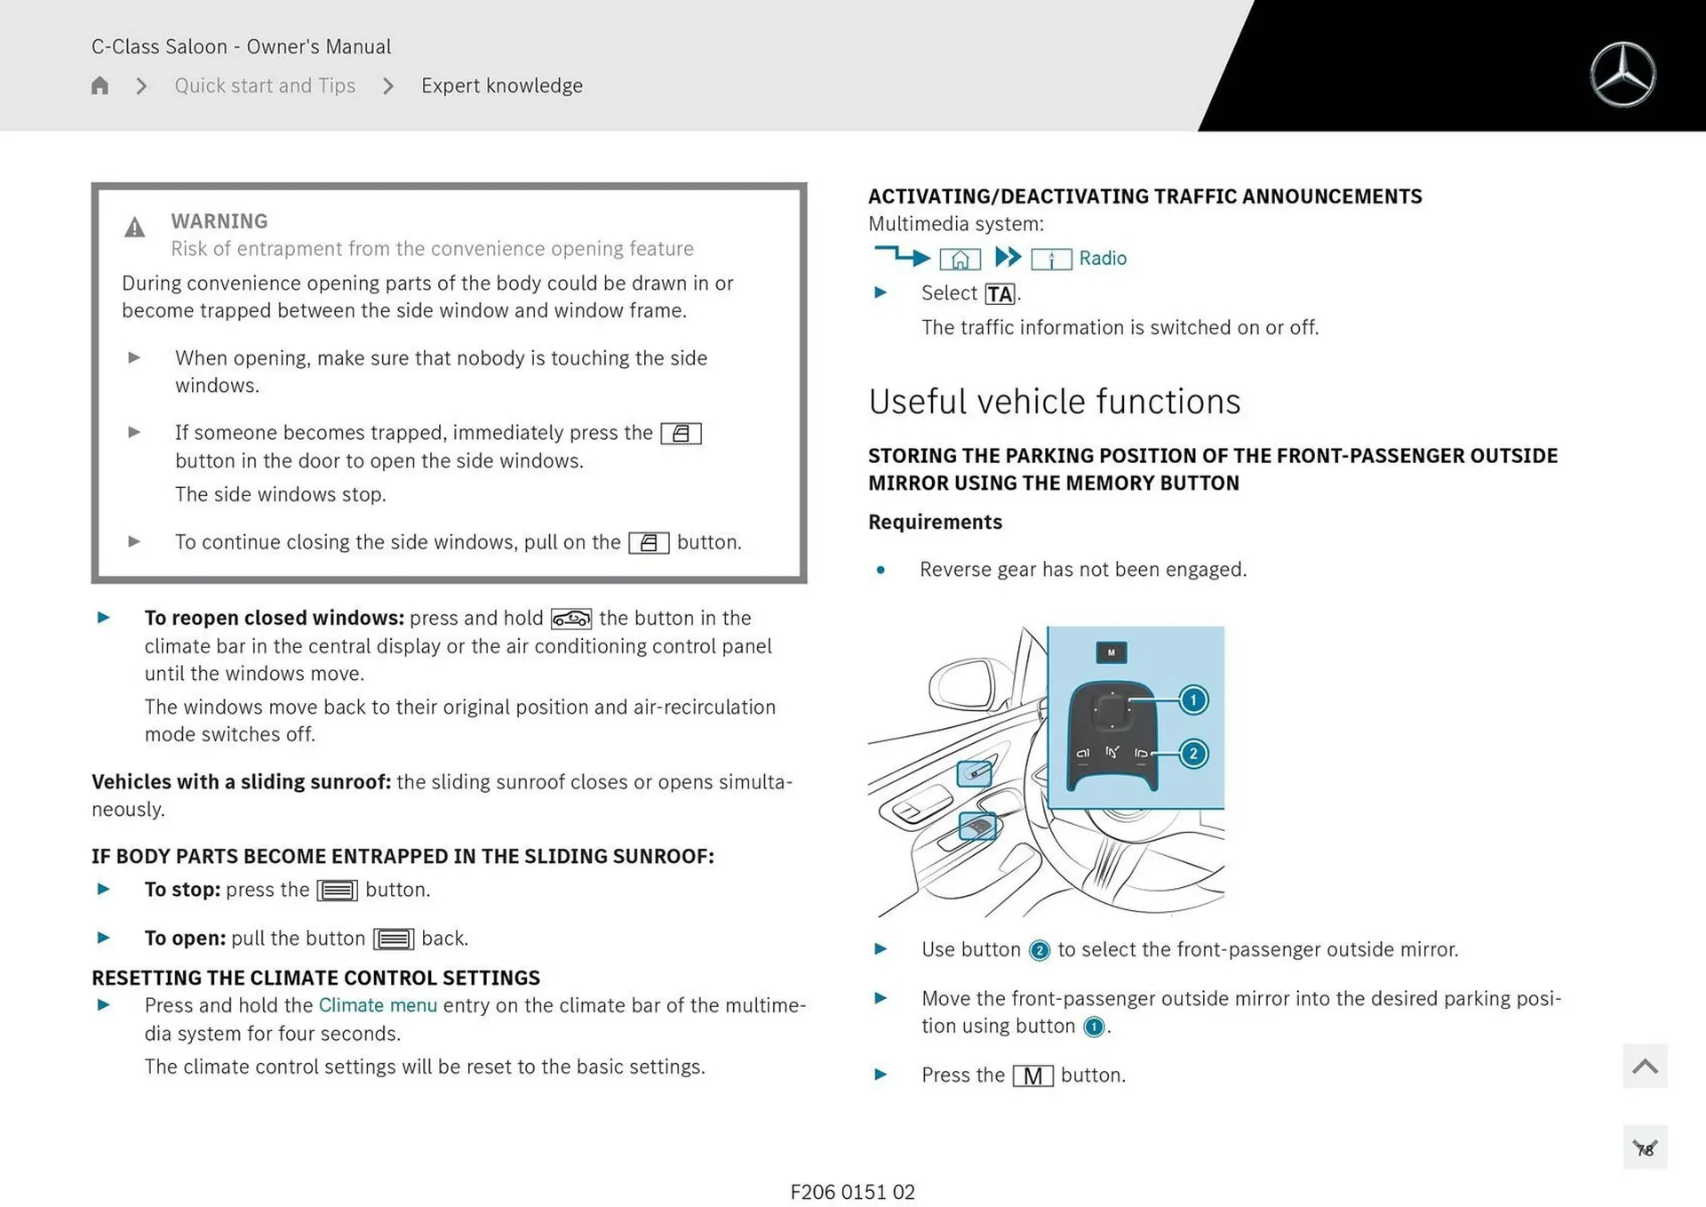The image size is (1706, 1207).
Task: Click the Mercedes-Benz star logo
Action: coord(1622,75)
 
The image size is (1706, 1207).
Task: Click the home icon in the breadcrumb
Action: coord(100,85)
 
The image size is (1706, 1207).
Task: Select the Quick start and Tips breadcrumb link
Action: coord(265,85)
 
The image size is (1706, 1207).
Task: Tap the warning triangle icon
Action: coord(134,228)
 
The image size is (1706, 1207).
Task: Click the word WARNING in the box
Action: coord(219,220)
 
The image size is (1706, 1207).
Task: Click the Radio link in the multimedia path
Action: coord(1102,259)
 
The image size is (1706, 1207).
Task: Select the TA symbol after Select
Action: coord(1000,294)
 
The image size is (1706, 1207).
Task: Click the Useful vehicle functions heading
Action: coord(1054,402)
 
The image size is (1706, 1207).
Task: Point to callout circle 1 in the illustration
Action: coord(1193,700)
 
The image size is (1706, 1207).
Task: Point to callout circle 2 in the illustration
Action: coord(1193,754)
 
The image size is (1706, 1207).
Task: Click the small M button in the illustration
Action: coord(1111,652)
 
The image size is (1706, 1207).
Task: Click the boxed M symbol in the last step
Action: coord(1032,1076)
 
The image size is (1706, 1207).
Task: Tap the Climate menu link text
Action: coord(378,1005)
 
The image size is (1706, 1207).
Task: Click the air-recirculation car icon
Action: coord(570,619)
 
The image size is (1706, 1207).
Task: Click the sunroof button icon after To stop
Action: coord(338,891)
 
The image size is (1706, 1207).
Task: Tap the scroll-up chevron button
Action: coord(1644,1066)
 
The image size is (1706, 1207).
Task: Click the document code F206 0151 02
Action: coord(852,1192)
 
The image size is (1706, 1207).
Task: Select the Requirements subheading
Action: coord(935,522)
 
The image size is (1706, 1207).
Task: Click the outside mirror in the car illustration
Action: coord(964,684)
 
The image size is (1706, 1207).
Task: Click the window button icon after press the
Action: coord(681,434)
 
